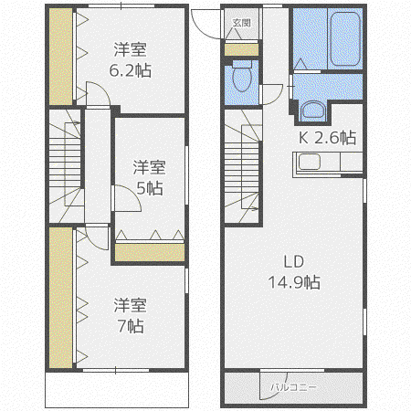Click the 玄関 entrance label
click(x=241, y=22)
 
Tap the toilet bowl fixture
click(x=242, y=76)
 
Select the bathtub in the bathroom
click(x=345, y=38)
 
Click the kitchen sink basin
click(x=310, y=162)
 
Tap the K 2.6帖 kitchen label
click(x=327, y=138)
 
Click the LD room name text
click(x=294, y=261)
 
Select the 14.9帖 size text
click(x=294, y=282)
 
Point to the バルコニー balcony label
click(x=293, y=387)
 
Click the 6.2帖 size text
click(x=130, y=70)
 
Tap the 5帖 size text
click(x=149, y=188)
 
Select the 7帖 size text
click(x=131, y=326)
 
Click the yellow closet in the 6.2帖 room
click(x=61, y=57)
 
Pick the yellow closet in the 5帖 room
click(x=150, y=252)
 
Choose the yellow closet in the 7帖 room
click(x=61, y=298)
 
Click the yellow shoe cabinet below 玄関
click(x=241, y=50)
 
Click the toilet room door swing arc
click(x=279, y=98)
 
